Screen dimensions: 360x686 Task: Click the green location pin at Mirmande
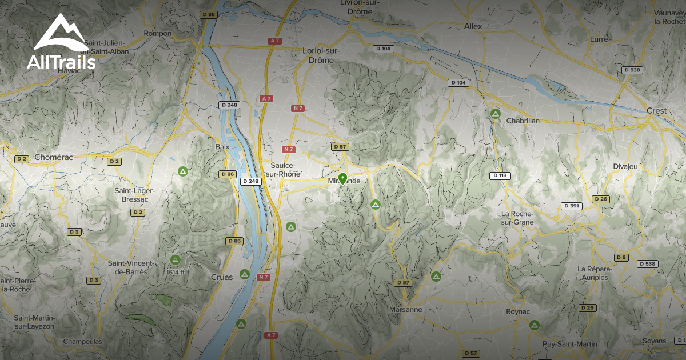point(342,179)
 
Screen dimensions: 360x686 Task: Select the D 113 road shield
point(499,175)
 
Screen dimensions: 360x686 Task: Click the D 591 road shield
point(571,206)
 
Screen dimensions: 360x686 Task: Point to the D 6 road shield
point(621,257)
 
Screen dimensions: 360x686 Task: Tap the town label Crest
point(657,110)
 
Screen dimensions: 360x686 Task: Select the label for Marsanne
point(405,309)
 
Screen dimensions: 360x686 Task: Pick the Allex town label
point(473,26)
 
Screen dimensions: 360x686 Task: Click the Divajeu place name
point(641,166)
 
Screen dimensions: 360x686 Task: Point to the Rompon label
point(158,34)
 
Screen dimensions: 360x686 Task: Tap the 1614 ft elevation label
point(175,272)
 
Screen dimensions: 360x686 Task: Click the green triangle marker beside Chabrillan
point(496,114)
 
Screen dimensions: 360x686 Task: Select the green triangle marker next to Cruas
point(245,274)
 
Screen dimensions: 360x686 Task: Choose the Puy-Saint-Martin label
point(570,344)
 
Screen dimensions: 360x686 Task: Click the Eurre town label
point(599,39)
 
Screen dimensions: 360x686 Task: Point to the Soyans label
point(654,341)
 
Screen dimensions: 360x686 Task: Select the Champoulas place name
point(83,342)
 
